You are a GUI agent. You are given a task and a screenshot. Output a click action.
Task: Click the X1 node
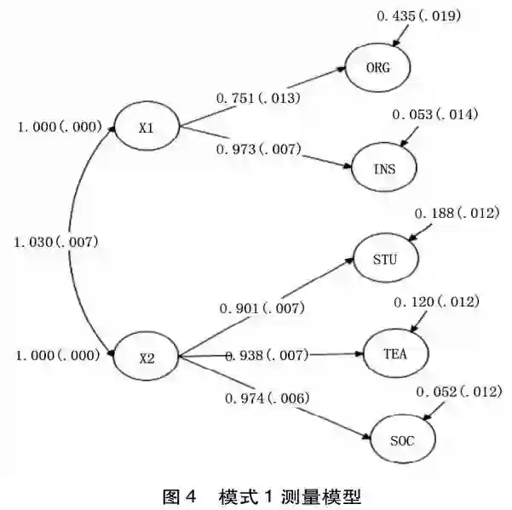[146, 129]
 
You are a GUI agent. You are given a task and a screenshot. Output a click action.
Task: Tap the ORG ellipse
[378, 69]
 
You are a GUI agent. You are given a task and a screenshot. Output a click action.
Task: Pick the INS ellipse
[384, 167]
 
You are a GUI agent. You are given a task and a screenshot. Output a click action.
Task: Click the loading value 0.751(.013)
[257, 100]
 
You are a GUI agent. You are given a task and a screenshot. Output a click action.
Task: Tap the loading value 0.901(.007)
[262, 307]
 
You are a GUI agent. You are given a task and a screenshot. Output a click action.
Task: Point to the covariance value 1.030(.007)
[56, 243]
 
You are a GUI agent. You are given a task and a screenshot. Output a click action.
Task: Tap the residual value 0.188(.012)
[455, 213]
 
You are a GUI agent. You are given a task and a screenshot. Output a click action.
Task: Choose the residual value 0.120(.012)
[437, 302]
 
